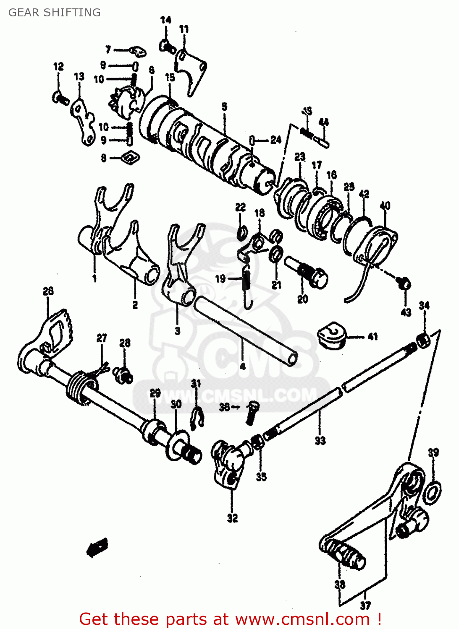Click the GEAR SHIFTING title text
tap(55, 13)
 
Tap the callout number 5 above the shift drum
tap(225, 107)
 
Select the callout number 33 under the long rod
tap(320, 441)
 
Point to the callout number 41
tap(372, 336)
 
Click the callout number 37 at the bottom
tap(365, 606)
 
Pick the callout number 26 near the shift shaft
tap(48, 291)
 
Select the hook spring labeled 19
tap(247, 285)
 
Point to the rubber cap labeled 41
tap(332, 335)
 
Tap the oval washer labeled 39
tap(432, 493)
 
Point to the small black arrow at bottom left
tap(97, 547)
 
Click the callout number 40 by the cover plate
tap(385, 205)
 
